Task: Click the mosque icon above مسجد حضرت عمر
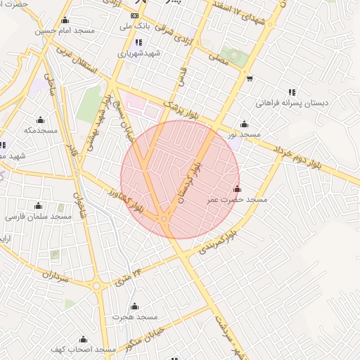[x=237, y=189]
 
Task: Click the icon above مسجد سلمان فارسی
[x=39, y=206]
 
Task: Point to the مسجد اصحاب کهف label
[x=82, y=349]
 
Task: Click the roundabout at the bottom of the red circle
[x=164, y=220]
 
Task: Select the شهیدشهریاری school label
[x=139, y=53]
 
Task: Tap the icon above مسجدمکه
[x=39, y=120]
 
